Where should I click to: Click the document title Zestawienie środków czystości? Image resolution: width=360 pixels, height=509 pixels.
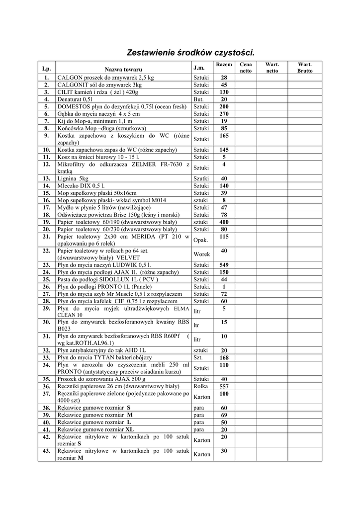click(190, 52)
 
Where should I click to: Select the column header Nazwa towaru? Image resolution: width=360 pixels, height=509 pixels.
click(123, 69)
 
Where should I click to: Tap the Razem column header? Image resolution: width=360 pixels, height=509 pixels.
click(224, 65)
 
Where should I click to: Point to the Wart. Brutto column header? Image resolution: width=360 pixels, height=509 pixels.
click(305, 68)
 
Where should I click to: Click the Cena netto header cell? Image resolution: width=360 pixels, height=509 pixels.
click(246, 68)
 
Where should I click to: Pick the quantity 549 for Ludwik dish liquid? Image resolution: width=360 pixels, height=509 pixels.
click(224, 265)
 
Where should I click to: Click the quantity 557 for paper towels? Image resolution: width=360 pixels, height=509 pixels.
click(224, 386)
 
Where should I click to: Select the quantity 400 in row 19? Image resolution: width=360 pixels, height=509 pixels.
click(224, 222)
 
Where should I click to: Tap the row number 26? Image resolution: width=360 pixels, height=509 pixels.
click(46, 287)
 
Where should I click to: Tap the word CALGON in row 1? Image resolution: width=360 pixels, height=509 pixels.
click(70, 78)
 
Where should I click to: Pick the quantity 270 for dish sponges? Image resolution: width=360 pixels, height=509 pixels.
click(224, 113)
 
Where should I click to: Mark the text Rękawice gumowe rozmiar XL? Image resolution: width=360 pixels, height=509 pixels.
click(95, 429)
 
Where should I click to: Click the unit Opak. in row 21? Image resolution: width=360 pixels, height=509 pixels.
click(200, 240)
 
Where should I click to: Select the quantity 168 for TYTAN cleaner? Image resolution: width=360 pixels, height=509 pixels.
click(224, 357)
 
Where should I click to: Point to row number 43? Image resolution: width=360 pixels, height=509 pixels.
click(46, 451)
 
